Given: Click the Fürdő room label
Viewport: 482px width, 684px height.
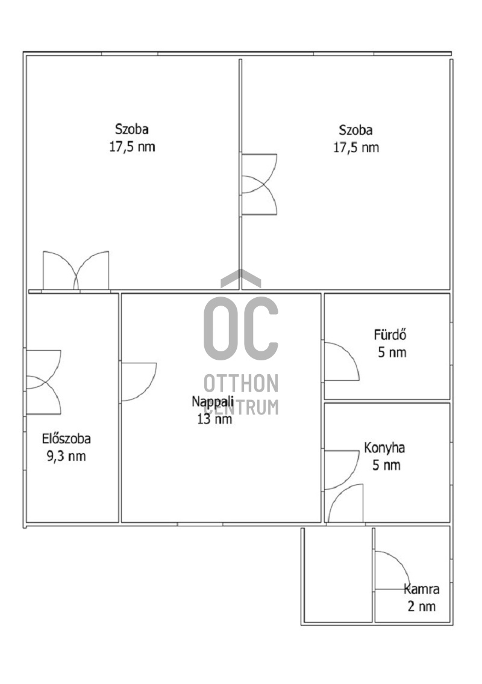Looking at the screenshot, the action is [x=390, y=335].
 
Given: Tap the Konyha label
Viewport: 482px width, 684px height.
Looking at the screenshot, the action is [x=384, y=448].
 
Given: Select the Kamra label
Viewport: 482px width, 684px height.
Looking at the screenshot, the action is [x=421, y=590].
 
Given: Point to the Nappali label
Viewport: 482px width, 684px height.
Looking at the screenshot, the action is [x=213, y=401].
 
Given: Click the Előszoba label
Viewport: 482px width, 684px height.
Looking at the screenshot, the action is [x=66, y=439].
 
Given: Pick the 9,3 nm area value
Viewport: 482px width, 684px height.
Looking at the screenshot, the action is [x=66, y=456].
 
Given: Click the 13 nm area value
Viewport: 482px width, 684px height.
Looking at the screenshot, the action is [x=214, y=419].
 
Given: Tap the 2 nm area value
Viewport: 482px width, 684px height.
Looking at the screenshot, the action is [x=422, y=606].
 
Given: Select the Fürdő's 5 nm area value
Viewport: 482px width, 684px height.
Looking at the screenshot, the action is [x=392, y=353].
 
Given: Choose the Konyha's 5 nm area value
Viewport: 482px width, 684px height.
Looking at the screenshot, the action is [x=386, y=465].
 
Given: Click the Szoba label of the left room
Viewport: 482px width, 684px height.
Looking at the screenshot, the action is [x=131, y=129].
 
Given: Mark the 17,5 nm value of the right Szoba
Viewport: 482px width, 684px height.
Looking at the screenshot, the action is [x=356, y=147].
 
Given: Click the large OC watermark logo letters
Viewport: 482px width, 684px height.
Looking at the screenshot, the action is [x=241, y=328].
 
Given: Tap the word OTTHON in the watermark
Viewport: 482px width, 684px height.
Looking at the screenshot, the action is [x=241, y=383].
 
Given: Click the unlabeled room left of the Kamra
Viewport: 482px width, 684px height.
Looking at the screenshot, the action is [x=338, y=575].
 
